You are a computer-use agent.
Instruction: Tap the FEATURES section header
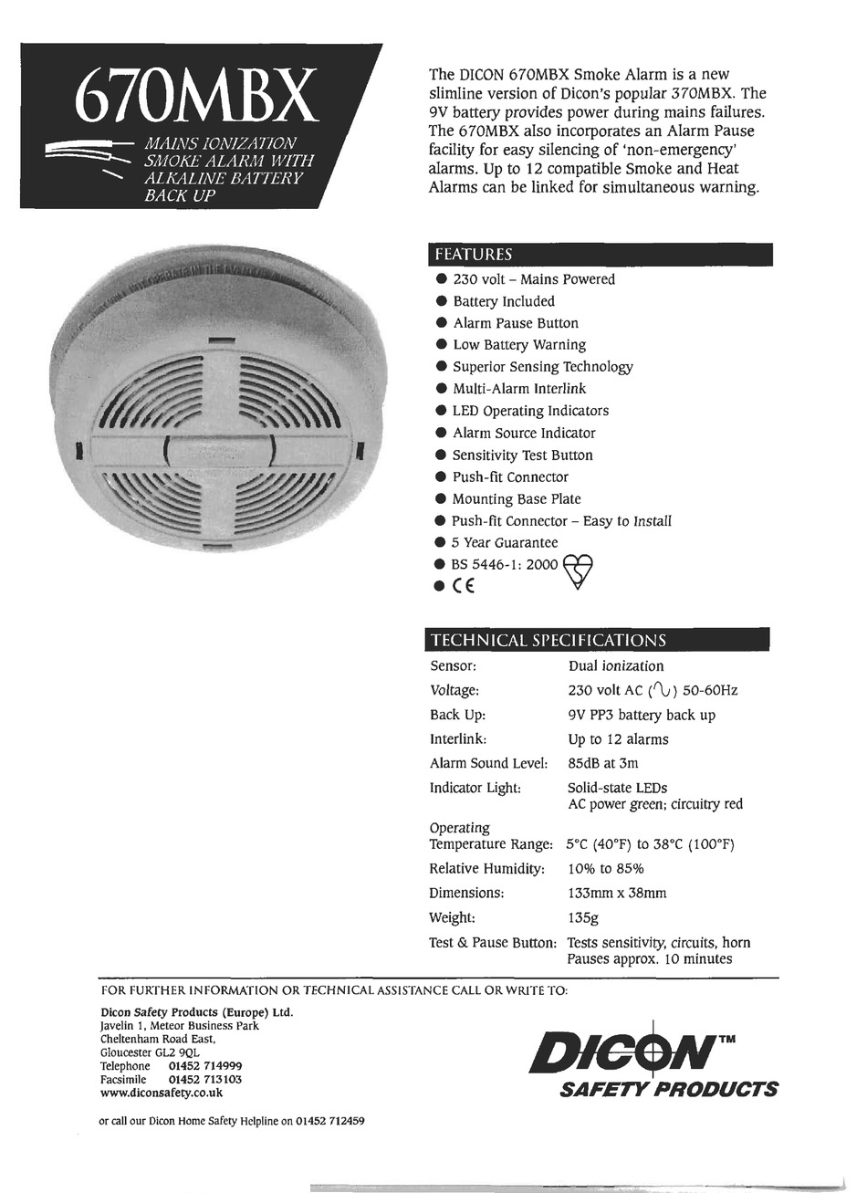click(473, 255)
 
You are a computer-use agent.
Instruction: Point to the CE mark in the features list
click(464, 587)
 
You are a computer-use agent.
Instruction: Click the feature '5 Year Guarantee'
click(505, 542)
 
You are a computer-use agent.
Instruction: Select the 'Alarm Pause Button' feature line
click(516, 323)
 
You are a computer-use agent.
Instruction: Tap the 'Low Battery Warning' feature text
click(519, 345)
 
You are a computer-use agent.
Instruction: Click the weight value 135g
click(583, 917)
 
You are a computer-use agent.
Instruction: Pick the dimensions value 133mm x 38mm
click(617, 893)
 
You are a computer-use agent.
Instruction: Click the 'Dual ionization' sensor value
click(616, 666)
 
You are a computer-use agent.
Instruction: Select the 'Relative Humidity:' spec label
click(486, 868)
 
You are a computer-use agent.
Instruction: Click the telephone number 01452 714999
click(205, 1066)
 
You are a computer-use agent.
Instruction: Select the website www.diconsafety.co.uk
click(161, 1092)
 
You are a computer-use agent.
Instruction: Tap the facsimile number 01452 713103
click(205, 1079)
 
